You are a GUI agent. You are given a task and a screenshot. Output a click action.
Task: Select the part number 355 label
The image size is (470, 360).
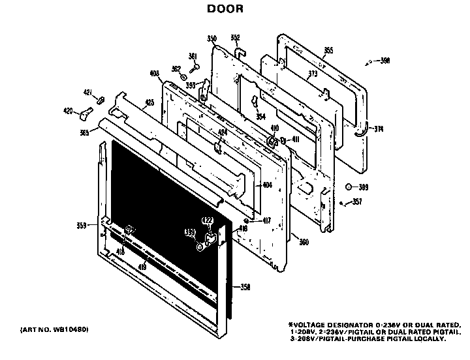click(x=328, y=50)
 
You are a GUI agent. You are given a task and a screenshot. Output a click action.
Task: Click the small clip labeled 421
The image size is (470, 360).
click(x=101, y=100)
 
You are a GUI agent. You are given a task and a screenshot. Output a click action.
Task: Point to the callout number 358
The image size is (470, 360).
click(x=245, y=287)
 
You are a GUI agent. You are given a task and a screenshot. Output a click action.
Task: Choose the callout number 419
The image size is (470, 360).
click(x=142, y=265)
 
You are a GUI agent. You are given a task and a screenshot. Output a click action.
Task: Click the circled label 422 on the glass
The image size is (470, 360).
click(x=208, y=222)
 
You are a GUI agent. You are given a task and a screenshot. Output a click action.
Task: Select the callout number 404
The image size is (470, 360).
click(x=266, y=185)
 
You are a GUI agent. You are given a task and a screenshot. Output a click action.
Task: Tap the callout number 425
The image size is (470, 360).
click(x=149, y=102)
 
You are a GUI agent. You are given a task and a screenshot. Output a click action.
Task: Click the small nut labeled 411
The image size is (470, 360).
click(x=283, y=140)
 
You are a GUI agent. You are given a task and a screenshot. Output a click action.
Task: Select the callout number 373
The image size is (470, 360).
click(x=313, y=74)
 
